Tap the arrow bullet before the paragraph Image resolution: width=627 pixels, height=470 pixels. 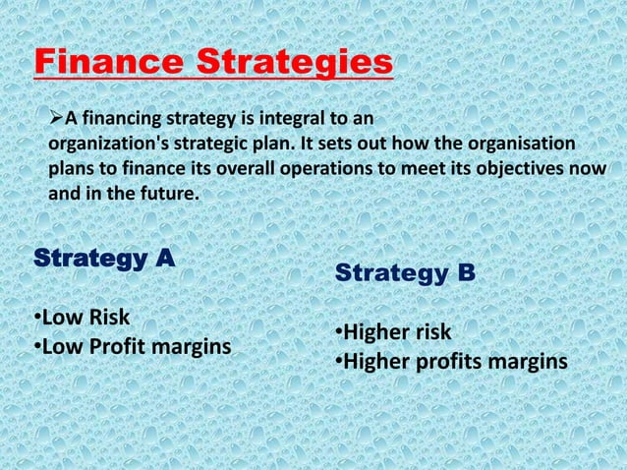point(56,120)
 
